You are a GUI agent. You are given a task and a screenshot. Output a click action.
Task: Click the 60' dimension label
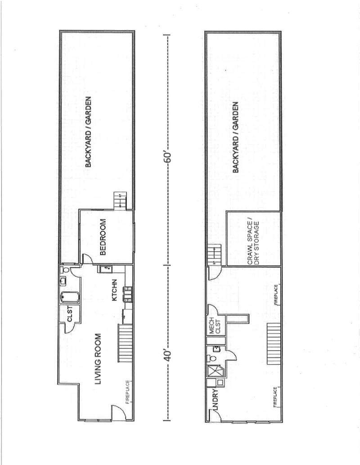tap(168, 158)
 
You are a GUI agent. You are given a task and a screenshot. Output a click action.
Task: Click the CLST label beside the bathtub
tap(70, 318)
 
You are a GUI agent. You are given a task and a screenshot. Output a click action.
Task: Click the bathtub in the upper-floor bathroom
tap(69, 298)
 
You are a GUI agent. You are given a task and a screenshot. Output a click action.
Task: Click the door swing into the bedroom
tap(87, 260)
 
